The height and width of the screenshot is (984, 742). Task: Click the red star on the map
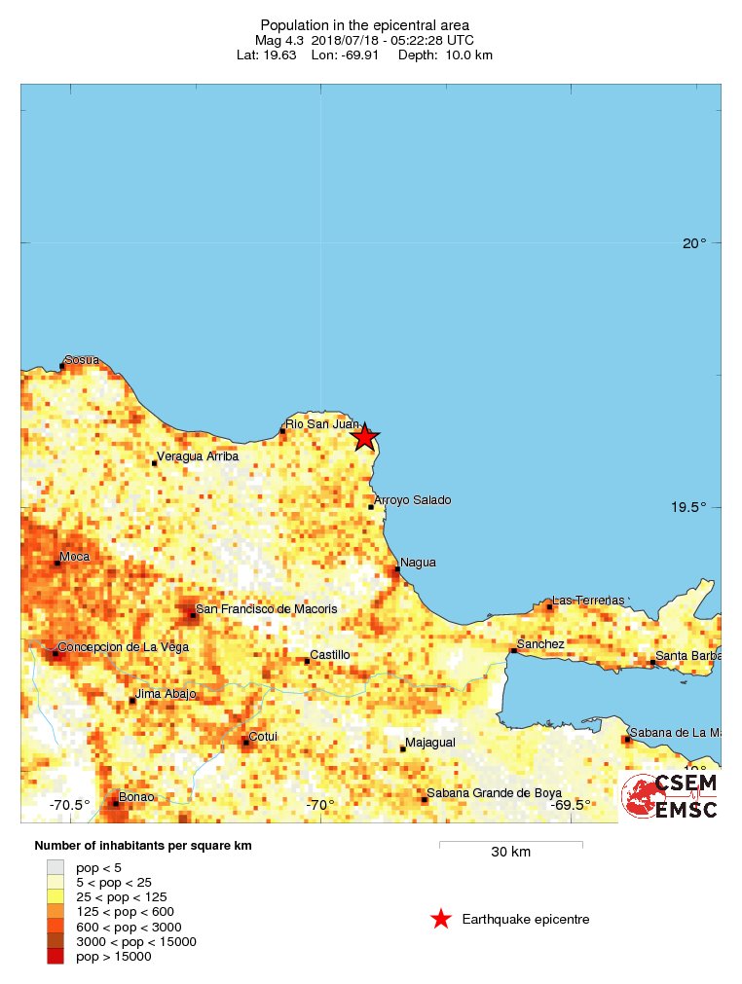click(x=364, y=437)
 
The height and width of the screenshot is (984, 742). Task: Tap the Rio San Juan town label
click(x=321, y=423)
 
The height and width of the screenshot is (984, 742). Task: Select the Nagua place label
click(x=418, y=563)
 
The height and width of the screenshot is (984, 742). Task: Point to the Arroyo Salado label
click(x=413, y=500)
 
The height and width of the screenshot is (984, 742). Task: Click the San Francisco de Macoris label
click(x=267, y=609)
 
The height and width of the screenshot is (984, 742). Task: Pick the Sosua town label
click(x=82, y=360)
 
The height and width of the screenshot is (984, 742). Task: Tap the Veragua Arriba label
click(x=199, y=456)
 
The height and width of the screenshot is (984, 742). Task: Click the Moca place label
click(x=75, y=557)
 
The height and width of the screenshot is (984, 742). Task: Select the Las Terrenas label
click(x=587, y=601)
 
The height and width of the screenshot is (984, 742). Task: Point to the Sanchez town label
click(x=540, y=644)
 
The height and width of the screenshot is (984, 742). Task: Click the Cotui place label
click(x=263, y=737)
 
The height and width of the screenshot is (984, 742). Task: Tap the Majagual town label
click(x=430, y=743)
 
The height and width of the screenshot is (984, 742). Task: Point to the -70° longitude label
click(x=319, y=805)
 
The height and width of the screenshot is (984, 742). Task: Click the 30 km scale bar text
click(x=510, y=853)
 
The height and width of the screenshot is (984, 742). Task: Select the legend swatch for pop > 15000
click(x=56, y=957)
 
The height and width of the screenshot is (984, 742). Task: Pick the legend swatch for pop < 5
click(x=56, y=866)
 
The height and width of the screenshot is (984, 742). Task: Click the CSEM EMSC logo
click(x=670, y=796)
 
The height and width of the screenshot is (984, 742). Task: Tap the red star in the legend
click(x=441, y=919)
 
